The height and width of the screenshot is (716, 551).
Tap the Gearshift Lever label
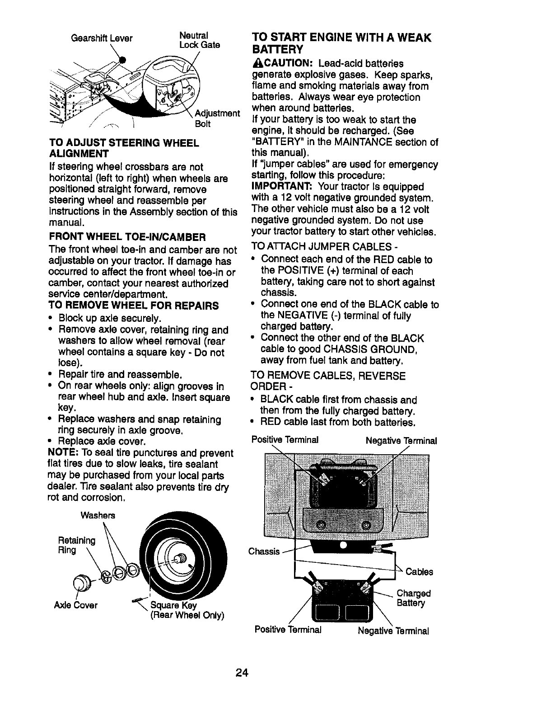[102, 38]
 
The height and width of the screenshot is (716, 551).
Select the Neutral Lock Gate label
[199, 40]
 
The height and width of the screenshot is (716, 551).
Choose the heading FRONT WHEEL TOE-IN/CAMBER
[127, 236]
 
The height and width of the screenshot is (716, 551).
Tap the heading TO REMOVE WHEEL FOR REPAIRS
[134, 306]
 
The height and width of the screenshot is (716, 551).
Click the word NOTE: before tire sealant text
[62, 453]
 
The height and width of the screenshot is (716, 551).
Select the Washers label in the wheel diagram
[98, 515]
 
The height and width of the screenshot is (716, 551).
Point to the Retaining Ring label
[76, 545]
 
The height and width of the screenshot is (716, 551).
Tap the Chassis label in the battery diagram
[264, 551]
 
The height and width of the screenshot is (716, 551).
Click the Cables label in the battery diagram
[419, 572]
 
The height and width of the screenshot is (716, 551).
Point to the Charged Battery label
[413, 598]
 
